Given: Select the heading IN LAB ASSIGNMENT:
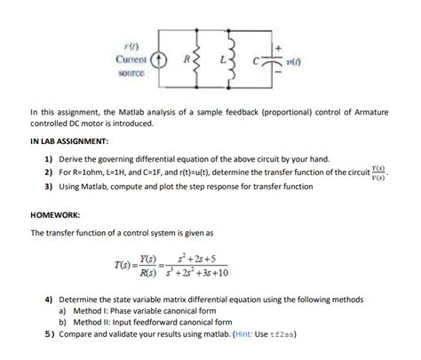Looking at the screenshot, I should click(x=70, y=141).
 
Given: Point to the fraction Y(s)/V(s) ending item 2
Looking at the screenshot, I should click(x=379, y=171).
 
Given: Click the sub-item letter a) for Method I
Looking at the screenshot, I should click(x=63, y=312).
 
